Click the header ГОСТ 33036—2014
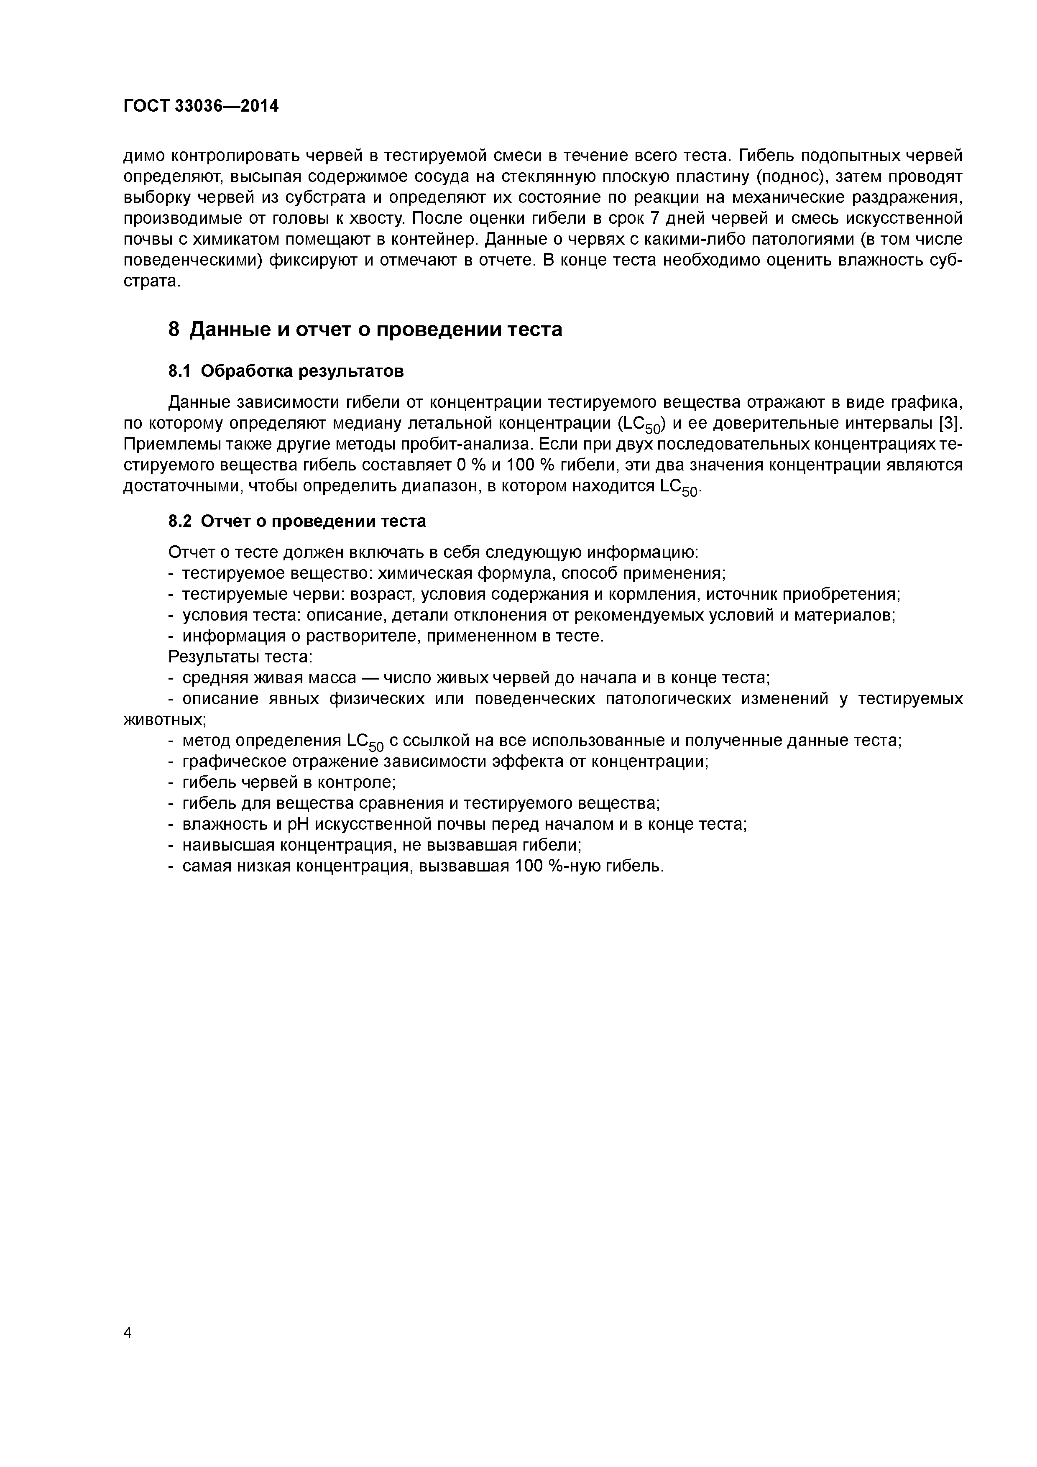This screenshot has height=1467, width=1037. click(201, 106)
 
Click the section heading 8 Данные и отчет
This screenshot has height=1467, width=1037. click(365, 330)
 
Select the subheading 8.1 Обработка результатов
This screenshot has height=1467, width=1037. click(286, 371)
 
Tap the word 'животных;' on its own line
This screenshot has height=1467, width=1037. click(164, 719)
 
